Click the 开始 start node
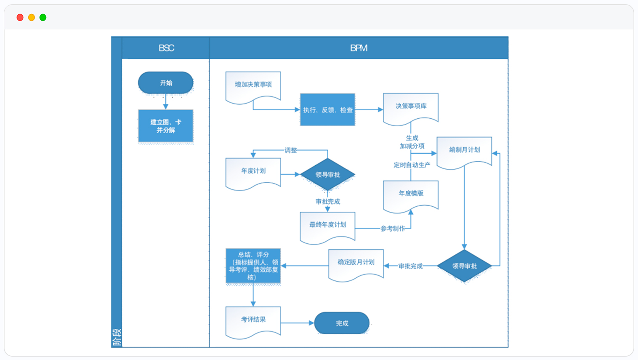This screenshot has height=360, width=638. click(166, 83)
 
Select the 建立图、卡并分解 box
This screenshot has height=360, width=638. click(166, 126)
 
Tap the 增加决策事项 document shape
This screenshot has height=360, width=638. click(253, 85)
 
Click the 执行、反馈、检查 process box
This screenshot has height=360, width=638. click(327, 110)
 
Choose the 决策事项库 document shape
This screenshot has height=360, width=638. click(411, 107)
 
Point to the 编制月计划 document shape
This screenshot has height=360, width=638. click(464, 151)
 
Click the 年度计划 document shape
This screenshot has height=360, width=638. click(253, 171)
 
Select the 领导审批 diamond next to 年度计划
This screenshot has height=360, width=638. click(327, 174)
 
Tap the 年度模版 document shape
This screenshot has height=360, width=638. click(411, 194)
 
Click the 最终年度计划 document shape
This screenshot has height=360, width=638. click(327, 226)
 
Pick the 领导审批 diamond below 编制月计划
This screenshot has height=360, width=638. click(464, 266)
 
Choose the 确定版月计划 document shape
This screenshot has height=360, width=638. click(356, 263)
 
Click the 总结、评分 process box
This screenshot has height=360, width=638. click(253, 266)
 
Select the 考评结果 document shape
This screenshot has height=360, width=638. click(253, 320)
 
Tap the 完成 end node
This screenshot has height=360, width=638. click(342, 323)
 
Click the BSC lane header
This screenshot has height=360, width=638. click(166, 48)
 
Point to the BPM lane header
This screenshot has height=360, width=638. click(359, 48)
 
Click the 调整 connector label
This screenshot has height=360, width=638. click(290, 150)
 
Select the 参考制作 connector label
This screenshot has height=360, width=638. click(393, 229)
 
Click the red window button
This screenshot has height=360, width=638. click(20, 17)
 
